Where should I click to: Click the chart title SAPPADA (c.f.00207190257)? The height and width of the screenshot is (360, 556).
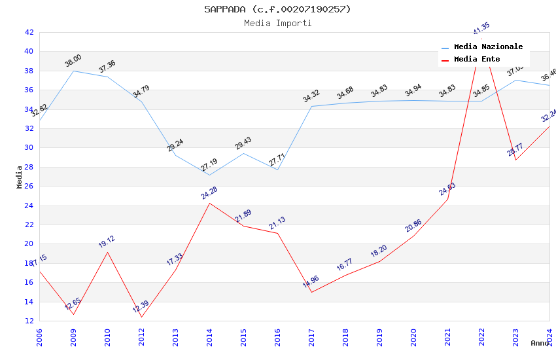click(277, 9)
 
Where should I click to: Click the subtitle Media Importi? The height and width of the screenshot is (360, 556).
click(277, 23)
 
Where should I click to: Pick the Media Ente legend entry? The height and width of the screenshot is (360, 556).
click(476, 60)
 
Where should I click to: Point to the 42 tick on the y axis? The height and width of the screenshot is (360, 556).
click(29, 32)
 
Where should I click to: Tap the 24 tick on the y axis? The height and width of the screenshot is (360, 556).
click(29, 206)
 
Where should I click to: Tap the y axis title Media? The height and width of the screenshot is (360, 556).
click(20, 177)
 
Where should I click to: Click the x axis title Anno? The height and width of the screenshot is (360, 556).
click(540, 343)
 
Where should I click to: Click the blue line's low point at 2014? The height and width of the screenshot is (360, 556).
click(209, 175)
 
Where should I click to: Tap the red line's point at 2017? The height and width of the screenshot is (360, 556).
click(311, 292)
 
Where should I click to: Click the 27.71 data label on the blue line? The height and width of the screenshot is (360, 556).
click(277, 160)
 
